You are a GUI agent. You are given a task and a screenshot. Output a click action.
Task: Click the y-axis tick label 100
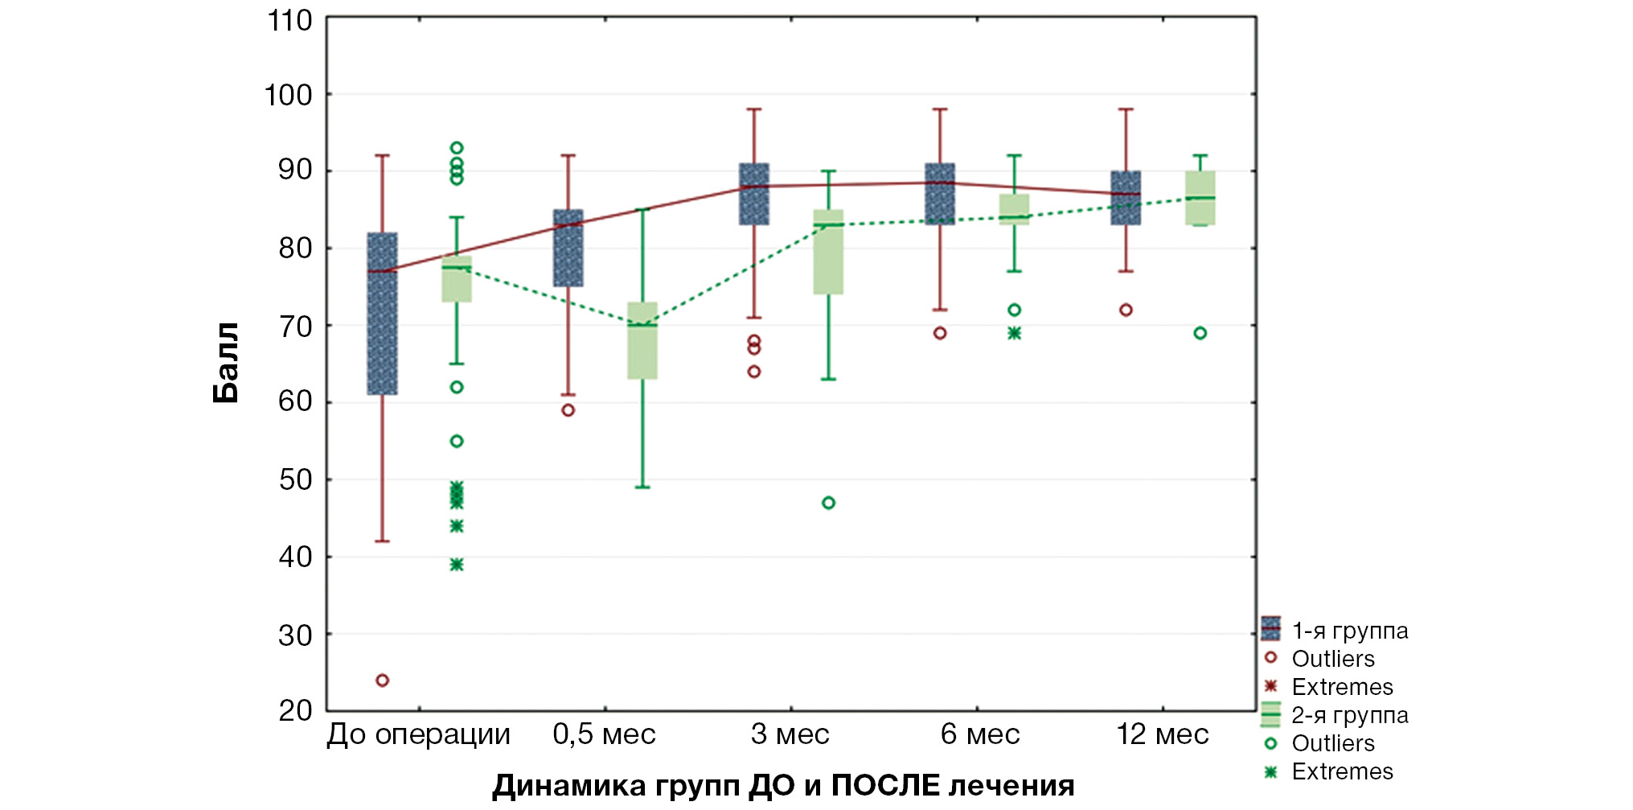pyautogui.click(x=288, y=96)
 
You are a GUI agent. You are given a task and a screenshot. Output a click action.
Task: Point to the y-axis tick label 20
pyautogui.click(x=294, y=711)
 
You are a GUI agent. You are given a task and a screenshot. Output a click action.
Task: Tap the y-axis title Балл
pyautogui.click(x=226, y=363)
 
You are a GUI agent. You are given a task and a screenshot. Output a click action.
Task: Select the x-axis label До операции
pyautogui.click(x=418, y=734)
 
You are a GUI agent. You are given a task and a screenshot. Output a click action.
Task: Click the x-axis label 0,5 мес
pyautogui.click(x=604, y=734)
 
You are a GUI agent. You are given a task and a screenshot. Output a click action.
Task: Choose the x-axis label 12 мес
pyautogui.click(x=1162, y=734)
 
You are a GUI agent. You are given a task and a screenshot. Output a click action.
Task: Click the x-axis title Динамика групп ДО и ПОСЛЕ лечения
pyautogui.click(x=783, y=785)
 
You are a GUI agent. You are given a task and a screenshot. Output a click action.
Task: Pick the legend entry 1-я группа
pyautogui.click(x=1349, y=631)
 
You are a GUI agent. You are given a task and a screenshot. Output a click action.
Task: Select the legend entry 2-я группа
pyautogui.click(x=1349, y=715)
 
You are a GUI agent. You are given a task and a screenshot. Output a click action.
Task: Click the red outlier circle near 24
pyautogui.click(x=383, y=680)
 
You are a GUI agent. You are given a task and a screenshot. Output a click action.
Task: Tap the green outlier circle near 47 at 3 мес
pyautogui.click(x=828, y=503)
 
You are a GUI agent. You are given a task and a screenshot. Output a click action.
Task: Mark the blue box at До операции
pyautogui.click(x=383, y=314)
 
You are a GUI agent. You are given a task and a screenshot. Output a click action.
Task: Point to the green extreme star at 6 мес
pyautogui.click(x=1015, y=333)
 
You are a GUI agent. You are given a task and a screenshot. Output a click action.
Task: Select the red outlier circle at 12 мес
pyautogui.click(x=1126, y=310)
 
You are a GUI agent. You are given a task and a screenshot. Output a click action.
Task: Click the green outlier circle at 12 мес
pyautogui.click(x=1200, y=333)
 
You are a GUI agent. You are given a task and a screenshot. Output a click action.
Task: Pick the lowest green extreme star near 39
pyautogui.click(x=457, y=565)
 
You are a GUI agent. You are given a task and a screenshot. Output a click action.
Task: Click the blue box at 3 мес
pyautogui.click(x=754, y=194)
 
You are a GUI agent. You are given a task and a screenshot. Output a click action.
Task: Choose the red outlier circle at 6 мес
pyautogui.click(x=940, y=333)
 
